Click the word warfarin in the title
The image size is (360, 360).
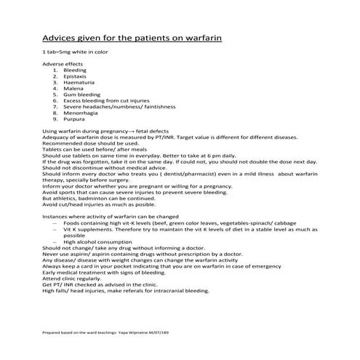[x=201, y=37]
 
